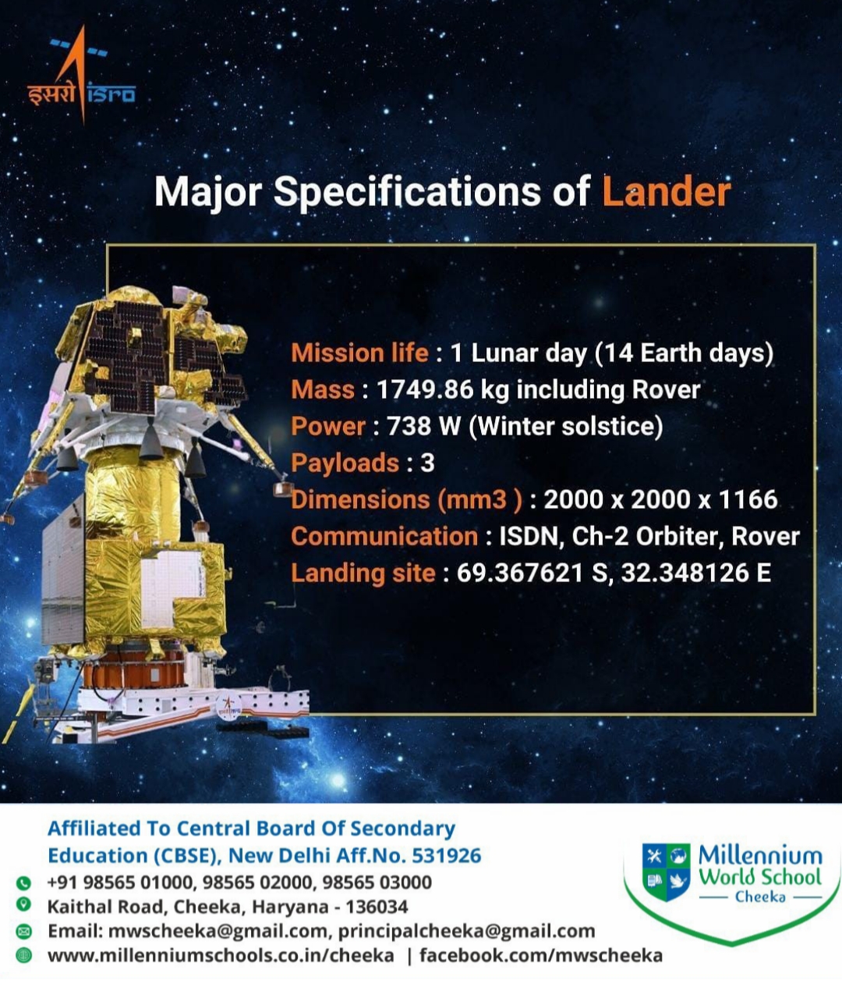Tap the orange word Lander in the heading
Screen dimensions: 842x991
click(667, 192)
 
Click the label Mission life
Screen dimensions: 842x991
click(359, 353)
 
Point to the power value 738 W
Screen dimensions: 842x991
click(423, 426)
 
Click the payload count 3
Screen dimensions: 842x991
click(427, 464)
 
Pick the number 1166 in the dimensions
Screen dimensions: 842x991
click(748, 499)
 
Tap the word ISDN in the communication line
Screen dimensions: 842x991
click(529, 536)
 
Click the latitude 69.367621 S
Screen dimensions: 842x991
click(532, 573)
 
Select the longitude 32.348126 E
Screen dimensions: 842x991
click(696, 573)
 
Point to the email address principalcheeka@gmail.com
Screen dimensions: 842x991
click(466, 932)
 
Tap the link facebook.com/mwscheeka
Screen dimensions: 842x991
click(541, 956)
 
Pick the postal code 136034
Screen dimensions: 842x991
click(377, 907)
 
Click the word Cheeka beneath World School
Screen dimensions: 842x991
click(760, 897)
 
